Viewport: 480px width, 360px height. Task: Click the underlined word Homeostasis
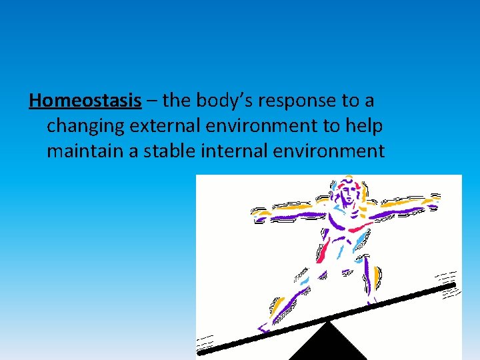point(85,101)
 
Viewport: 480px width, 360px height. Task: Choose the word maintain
point(85,151)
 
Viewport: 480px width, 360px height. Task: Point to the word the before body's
point(177,101)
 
